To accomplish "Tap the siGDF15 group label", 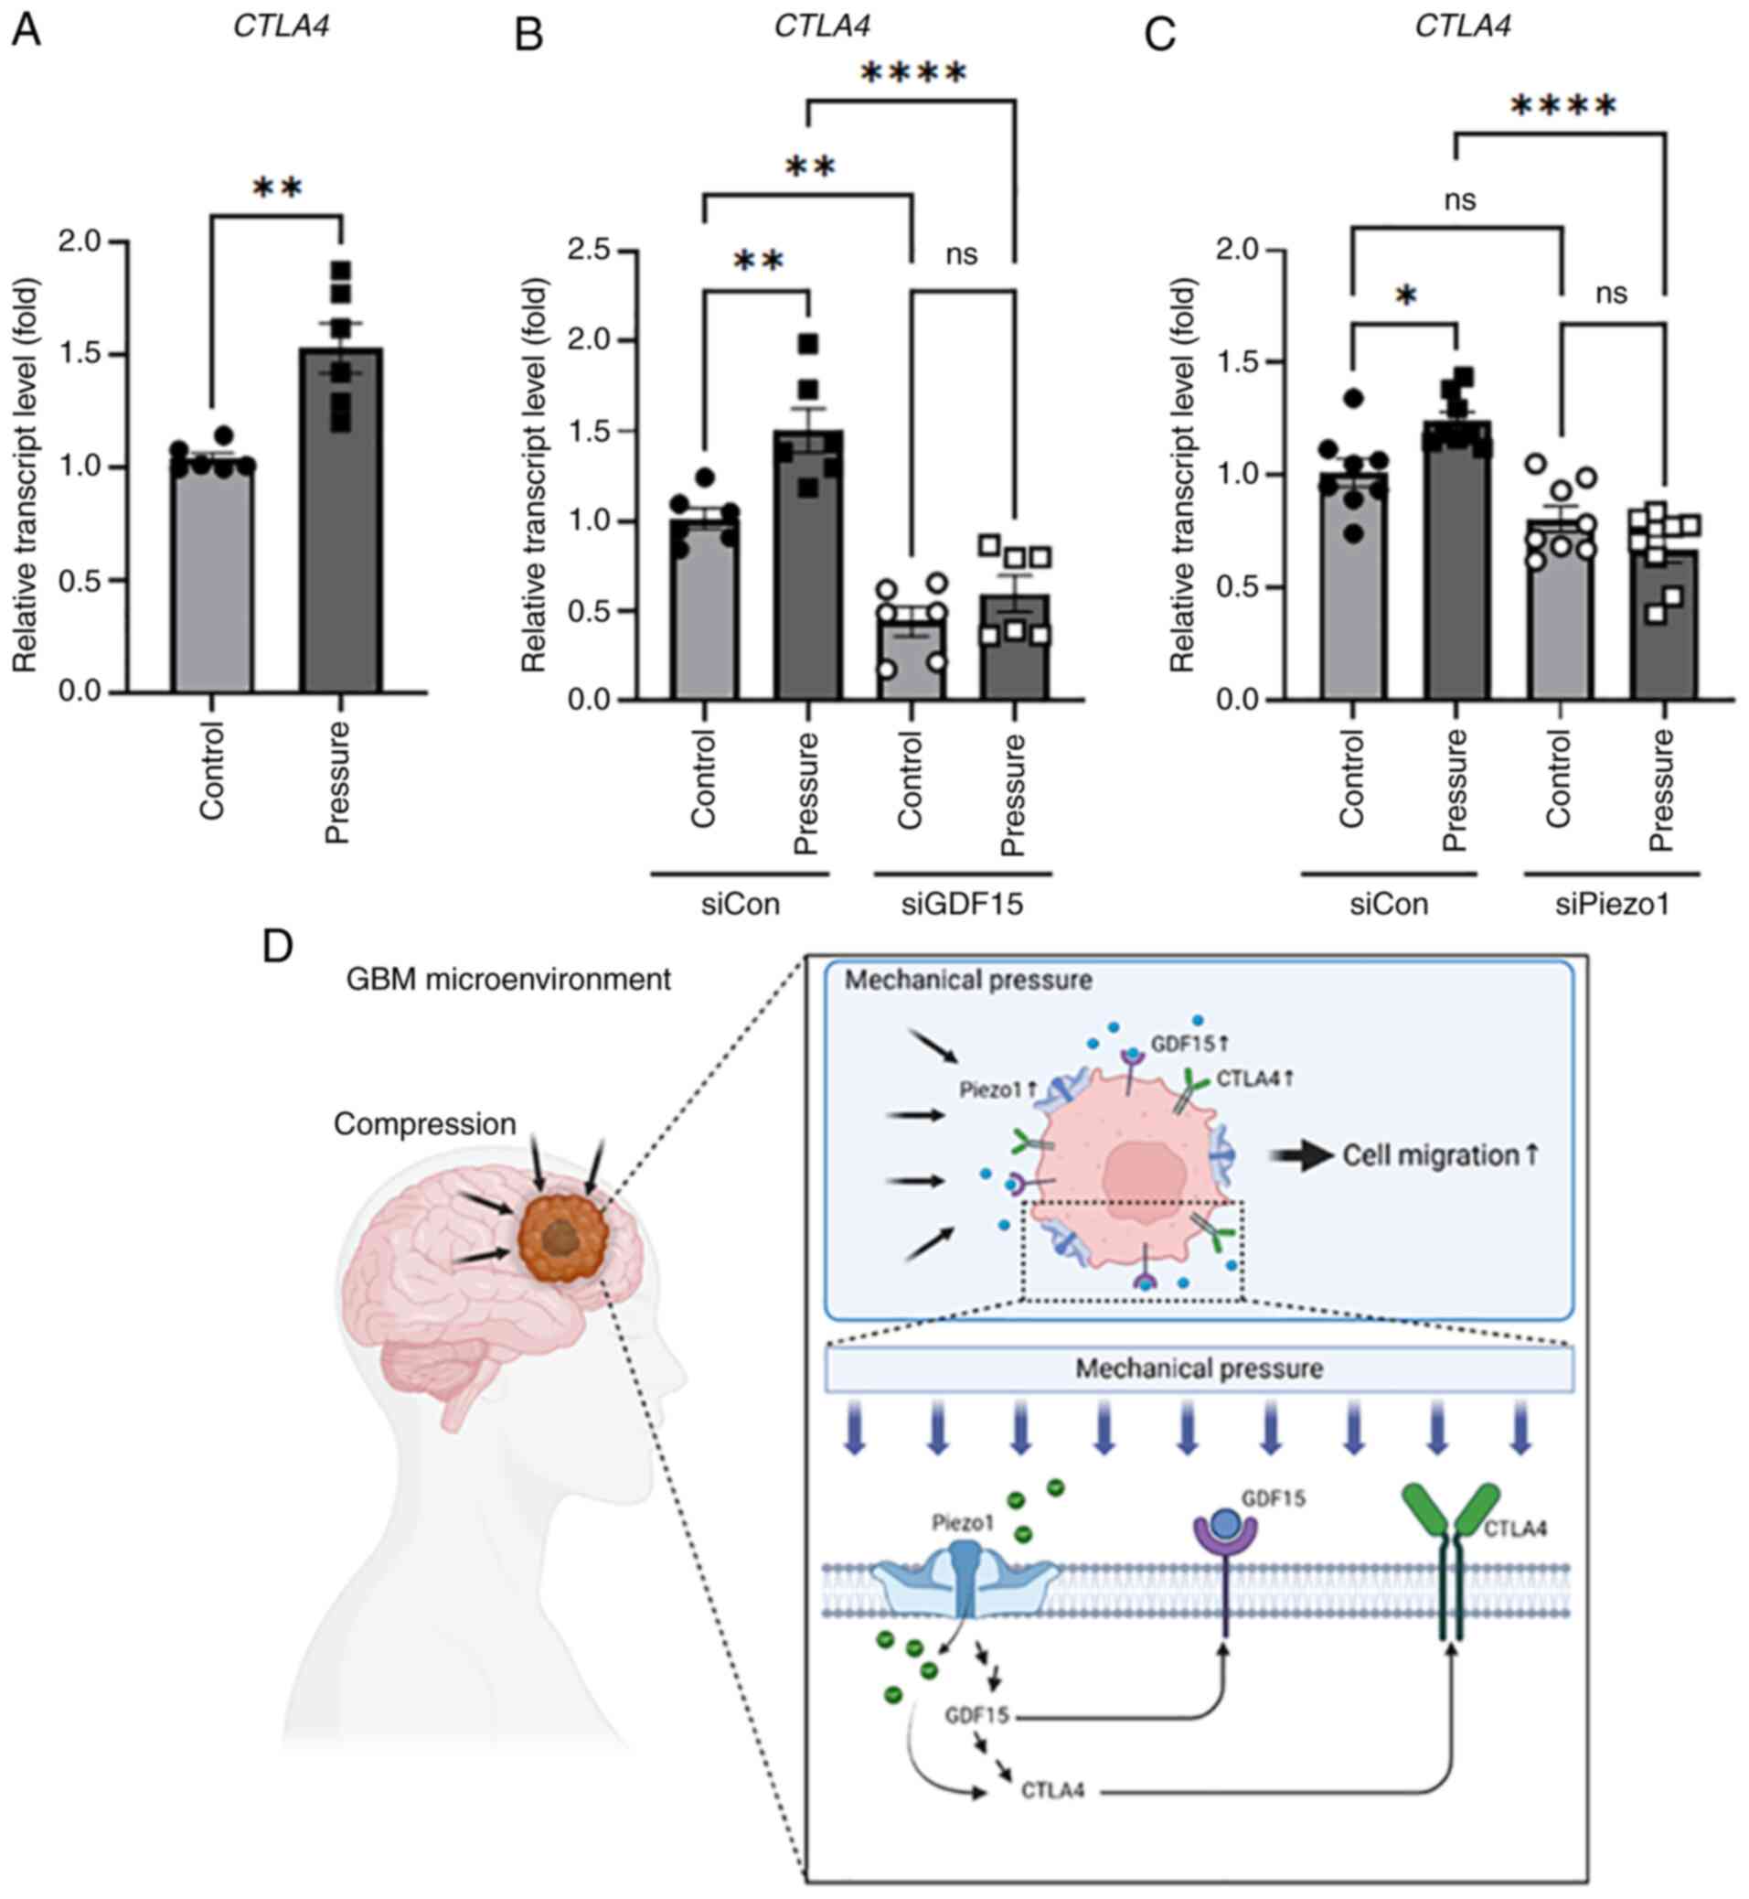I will [x=962, y=905].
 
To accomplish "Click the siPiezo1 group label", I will [x=1612, y=905].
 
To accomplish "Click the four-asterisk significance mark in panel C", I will [x=1562, y=107].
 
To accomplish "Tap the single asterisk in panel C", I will [x=1406, y=298].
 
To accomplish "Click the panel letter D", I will [x=277, y=947].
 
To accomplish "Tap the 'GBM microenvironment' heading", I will [x=508, y=979].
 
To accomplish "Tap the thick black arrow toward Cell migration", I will [x=1301, y=1156].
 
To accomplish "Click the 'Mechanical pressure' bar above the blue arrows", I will [x=1200, y=1368].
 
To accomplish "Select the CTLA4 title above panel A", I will [x=281, y=26].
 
